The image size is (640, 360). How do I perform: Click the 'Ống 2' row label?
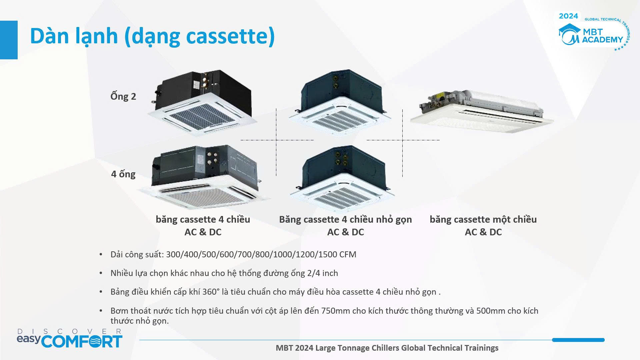click(x=123, y=96)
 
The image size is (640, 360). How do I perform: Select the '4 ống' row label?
click(x=123, y=174)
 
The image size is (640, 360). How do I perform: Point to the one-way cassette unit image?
click(x=482, y=110)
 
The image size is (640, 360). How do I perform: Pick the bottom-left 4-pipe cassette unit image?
click(x=204, y=177)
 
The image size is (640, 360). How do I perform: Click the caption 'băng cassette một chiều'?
click(x=483, y=219)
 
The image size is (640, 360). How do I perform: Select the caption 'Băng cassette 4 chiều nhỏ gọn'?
click(x=345, y=219)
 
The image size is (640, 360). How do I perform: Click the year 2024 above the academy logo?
click(x=568, y=16)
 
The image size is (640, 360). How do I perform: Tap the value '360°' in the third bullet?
click(x=211, y=292)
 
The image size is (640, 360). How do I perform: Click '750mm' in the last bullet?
click(x=336, y=311)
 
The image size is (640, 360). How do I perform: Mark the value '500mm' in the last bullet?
click(x=491, y=311)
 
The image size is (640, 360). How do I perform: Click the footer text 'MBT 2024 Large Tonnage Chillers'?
click(x=337, y=348)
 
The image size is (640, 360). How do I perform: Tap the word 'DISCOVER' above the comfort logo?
click(x=69, y=331)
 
